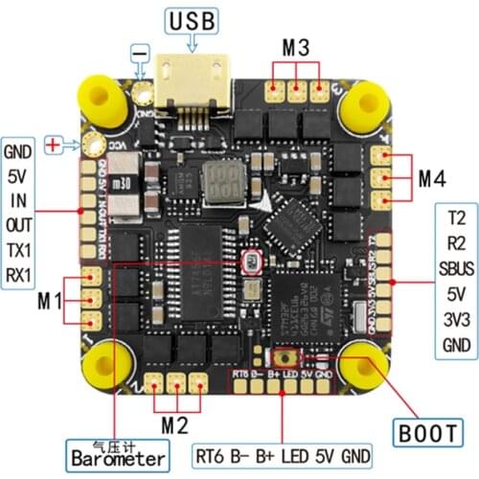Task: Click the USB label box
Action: click(193, 20)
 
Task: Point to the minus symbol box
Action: click(141, 49)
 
